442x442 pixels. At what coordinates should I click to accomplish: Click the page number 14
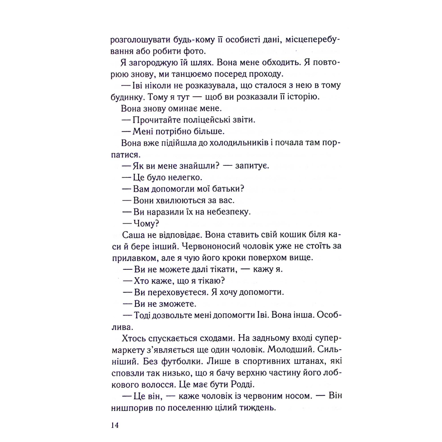coord(114,425)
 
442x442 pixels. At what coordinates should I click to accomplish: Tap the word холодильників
coord(224,142)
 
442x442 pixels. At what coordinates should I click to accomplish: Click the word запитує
coord(252,165)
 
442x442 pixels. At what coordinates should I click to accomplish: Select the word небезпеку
coord(225,211)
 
